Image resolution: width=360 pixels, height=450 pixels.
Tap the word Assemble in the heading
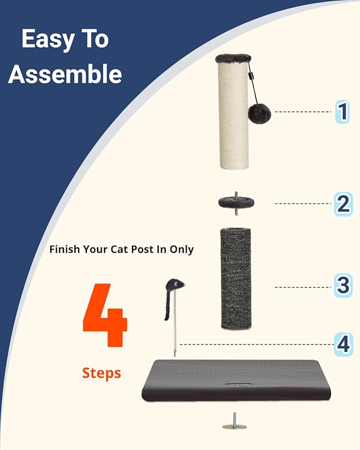(x=65, y=74)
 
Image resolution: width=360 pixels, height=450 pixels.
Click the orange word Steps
(x=101, y=373)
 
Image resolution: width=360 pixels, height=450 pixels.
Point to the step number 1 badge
(x=343, y=112)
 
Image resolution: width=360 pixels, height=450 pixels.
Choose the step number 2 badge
(x=343, y=204)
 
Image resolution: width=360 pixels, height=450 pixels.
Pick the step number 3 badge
(x=343, y=287)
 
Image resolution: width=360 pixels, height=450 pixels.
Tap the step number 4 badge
(x=343, y=345)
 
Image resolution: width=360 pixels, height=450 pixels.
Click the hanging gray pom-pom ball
(x=260, y=113)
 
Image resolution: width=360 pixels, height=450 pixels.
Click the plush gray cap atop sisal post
(x=233, y=58)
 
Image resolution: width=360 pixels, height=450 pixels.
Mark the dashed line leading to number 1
(x=303, y=112)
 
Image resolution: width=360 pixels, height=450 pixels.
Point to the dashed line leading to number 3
(x=303, y=287)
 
